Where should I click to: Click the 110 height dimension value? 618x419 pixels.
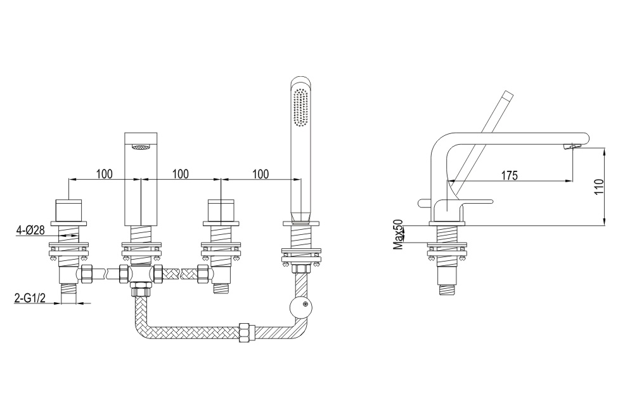[x=599, y=187]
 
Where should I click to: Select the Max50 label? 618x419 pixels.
[x=399, y=235]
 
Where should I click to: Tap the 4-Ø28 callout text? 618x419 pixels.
[x=30, y=230]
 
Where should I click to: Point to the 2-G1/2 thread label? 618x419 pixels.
[x=30, y=298]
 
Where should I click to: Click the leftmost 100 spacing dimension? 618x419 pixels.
[x=104, y=174]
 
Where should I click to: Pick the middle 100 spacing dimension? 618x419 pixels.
[x=181, y=174]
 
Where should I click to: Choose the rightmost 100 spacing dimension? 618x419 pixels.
[x=261, y=174]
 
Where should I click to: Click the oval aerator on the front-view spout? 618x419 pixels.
[x=141, y=147]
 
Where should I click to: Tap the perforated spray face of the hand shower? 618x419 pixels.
[x=300, y=108]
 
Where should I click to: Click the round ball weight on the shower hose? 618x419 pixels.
[x=300, y=306]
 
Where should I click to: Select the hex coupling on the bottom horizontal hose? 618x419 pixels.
[x=247, y=332]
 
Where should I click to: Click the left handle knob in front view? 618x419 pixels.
[x=69, y=211]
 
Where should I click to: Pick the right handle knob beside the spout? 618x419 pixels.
[x=221, y=211]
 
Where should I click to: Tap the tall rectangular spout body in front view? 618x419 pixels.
[x=141, y=179]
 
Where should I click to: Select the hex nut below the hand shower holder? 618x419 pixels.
[x=301, y=269]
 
